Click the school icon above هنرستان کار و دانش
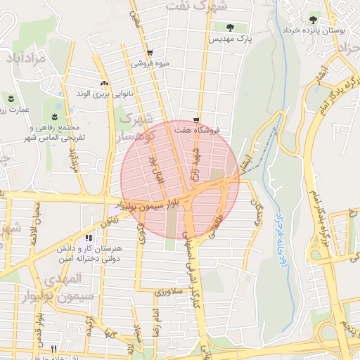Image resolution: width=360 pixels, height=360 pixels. point(88,238)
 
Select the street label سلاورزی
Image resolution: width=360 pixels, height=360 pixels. point(169,290)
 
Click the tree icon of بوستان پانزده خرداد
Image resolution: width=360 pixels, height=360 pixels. point(312,19)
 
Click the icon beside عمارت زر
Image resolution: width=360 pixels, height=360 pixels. point(11,97)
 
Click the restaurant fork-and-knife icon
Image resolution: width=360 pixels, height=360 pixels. point(54,349)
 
